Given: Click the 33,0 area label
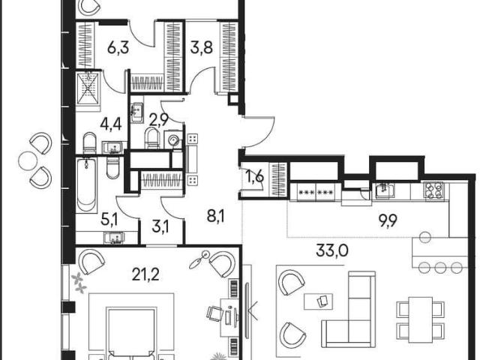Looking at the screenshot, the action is (331, 250).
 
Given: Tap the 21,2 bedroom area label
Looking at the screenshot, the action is (145, 274).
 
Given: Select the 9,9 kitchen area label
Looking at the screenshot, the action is (388, 220).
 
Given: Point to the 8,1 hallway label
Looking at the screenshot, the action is (215, 217).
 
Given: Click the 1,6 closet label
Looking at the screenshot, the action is (255, 177).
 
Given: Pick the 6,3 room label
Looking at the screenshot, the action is (118, 48).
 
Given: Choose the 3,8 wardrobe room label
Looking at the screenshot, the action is (202, 48).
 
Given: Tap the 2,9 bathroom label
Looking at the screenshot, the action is (158, 120).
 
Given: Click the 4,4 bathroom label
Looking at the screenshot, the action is (111, 124).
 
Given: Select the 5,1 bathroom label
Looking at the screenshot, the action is (109, 220).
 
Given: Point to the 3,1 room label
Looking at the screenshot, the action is (160, 227).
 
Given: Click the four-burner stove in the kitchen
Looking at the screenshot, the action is (434, 191).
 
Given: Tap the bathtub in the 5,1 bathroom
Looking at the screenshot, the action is (86, 185).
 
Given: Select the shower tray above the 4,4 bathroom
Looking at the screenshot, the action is (88, 88).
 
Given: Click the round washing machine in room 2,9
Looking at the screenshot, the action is (173, 139).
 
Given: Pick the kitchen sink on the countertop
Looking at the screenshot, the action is (385, 190).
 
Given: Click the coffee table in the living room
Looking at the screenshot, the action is (318, 301).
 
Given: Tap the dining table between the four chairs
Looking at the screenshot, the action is (420, 318).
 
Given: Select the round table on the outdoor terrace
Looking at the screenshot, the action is (28, 161).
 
